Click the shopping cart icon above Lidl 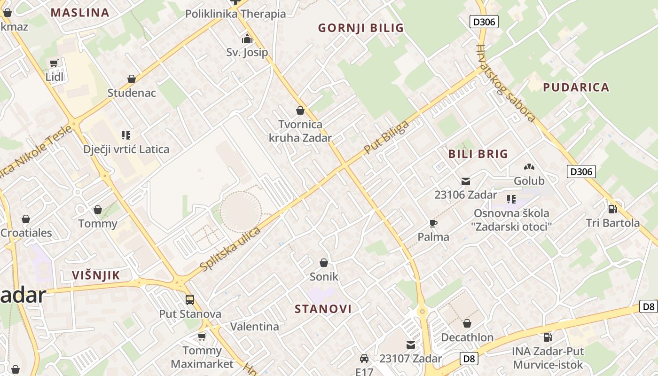(x=54, y=63)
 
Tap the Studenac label (x=132, y=93)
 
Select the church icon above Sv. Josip (x=247, y=39)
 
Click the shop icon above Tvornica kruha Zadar (x=300, y=111)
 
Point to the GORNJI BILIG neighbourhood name (x=361, y=28)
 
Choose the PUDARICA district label (x=576, y=87)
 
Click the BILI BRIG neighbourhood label (x=478, y=154)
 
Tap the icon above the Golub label (x=529, y=167)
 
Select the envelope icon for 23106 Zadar (x=466, y=181)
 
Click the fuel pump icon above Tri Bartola (x=612, y=209)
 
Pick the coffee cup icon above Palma (x=433, y=223)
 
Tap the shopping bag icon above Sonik (x=324, y=263)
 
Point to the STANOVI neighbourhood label (x=323, y=309)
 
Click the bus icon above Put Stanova (x=190, y=300)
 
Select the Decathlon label (x=467, y=337)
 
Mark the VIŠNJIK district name (x=96, y=275)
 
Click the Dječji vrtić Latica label (x=126, y=149)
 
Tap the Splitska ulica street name (x=230, y=250)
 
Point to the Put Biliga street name (x=386, y=137)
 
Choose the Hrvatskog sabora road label (x=506, y=83)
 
